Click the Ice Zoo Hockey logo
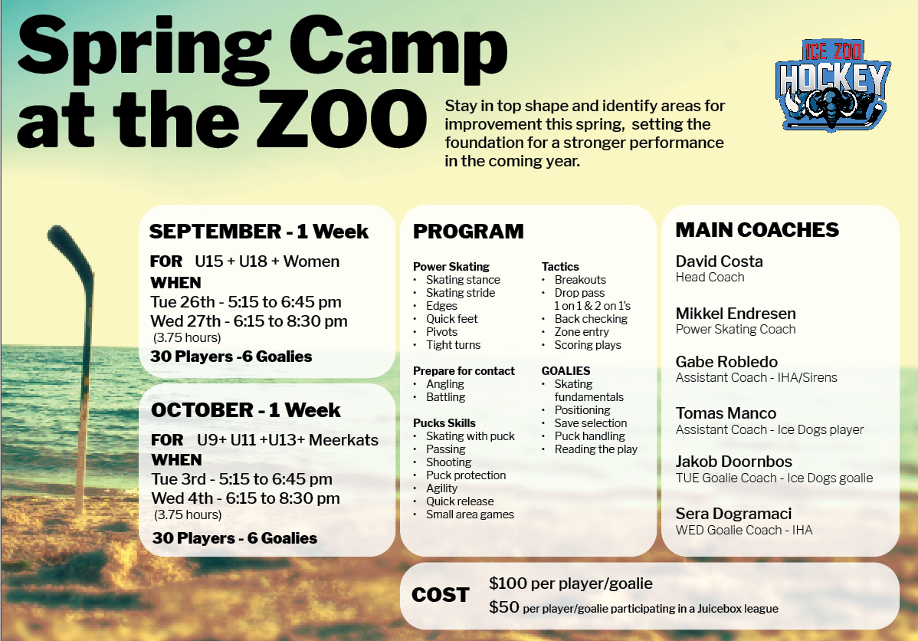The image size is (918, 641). (x=832, y=85)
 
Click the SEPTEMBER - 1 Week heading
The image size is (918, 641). (x=259, y=232)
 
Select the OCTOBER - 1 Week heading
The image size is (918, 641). (x=246, y=410)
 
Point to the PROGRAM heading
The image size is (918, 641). (x=468, y=232)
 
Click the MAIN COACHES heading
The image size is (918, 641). (x=757, y=230)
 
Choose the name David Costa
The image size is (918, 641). (x=719, y=261)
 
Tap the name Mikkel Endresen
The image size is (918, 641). (x=736, y=314)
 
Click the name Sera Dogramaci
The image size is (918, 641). (x=733, y=514)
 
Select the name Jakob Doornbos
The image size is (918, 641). (x=733, y=462)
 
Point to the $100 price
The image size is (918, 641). (x=508, y=583)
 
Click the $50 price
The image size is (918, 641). (x=504, y=607)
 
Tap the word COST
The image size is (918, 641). (x=441, y=595)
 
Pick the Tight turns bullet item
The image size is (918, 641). (x=453, y=345)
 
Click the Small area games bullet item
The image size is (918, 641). (x=470, y=514)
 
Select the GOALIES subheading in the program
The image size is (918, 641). (x=566, y=371)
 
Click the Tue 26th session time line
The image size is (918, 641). (x=246, y=302)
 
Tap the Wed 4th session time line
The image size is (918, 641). (x=245, y=498)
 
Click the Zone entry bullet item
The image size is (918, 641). (x=582, y=332)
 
